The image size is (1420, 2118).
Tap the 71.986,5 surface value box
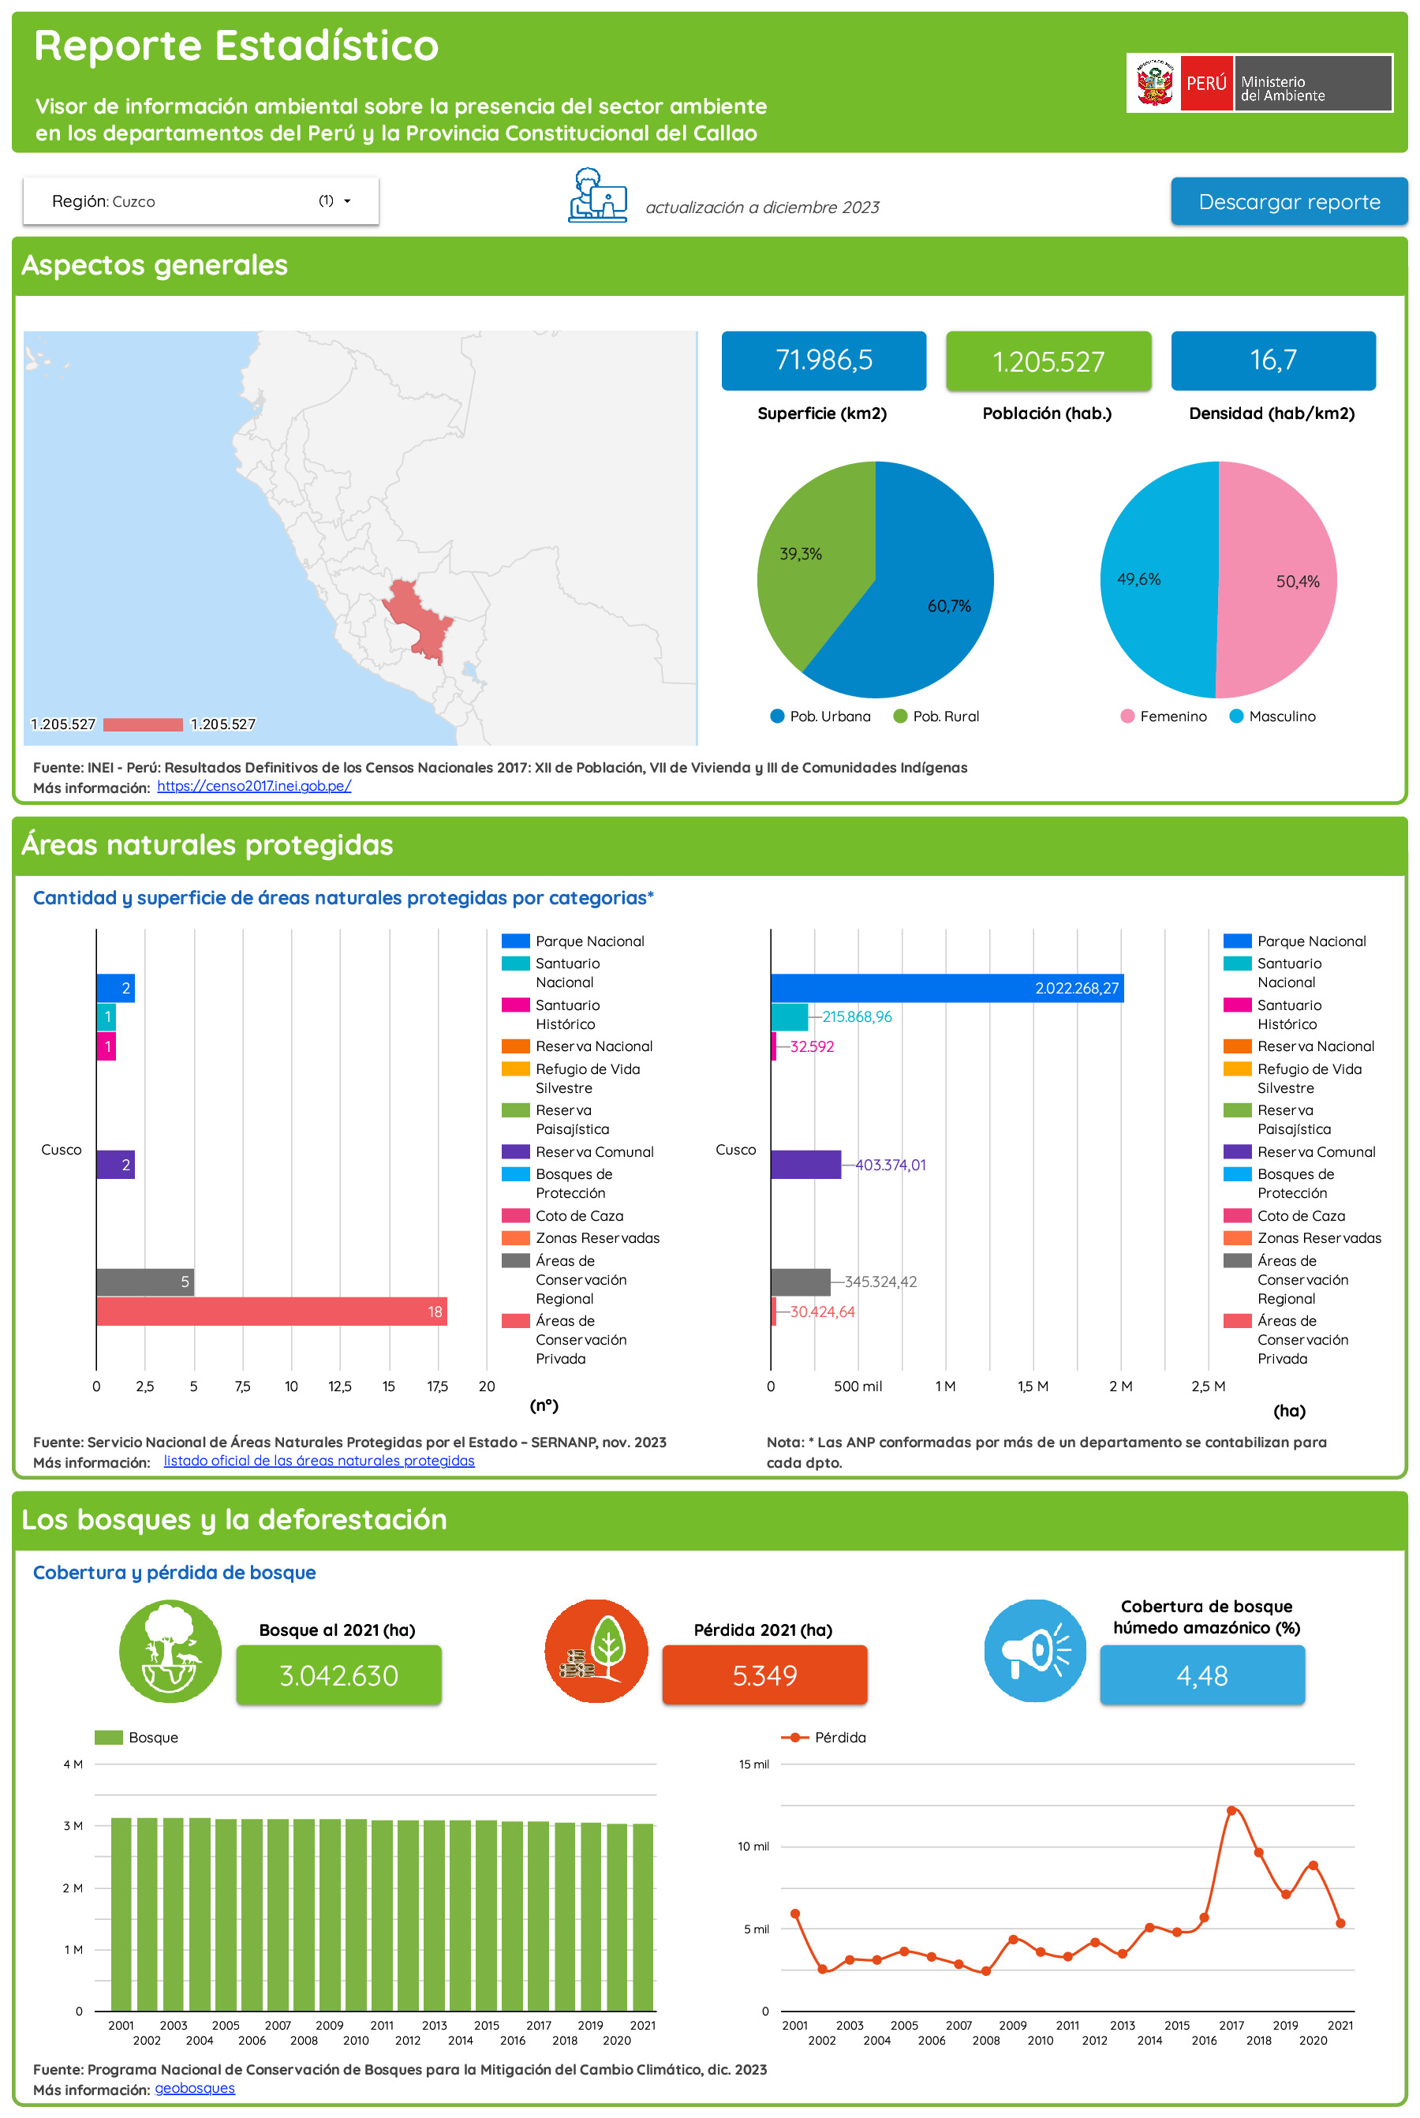click(823, 361)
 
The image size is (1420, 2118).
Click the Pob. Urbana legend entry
click(820, 717)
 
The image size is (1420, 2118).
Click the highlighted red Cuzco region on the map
click(417, 616)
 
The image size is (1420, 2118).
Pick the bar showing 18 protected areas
click(271, 1311)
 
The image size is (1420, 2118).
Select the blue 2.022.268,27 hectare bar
click(947, 988)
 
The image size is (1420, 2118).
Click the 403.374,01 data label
click(890, 1165)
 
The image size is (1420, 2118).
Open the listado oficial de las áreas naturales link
click(319, 1461)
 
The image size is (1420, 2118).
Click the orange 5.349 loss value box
click(764, 1675)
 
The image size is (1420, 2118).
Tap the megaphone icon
click(1035, 1651)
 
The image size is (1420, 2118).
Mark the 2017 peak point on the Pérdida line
click(1231, 1810)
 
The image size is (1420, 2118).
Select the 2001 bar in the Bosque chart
click(121, 1914)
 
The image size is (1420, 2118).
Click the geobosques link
click(195, 2088)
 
